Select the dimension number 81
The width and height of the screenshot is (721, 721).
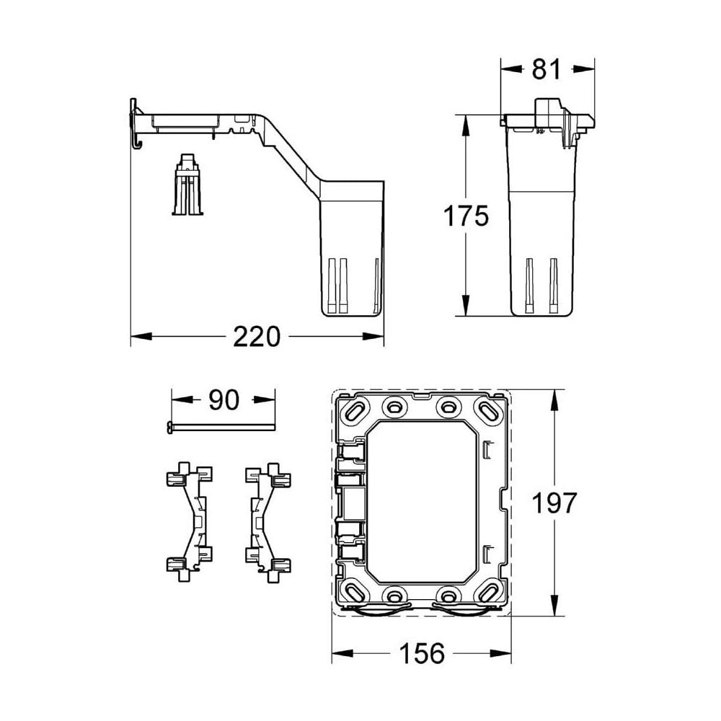[546, 70]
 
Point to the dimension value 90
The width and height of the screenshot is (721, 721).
[223, 400]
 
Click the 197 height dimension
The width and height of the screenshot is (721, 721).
[553, 503]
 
